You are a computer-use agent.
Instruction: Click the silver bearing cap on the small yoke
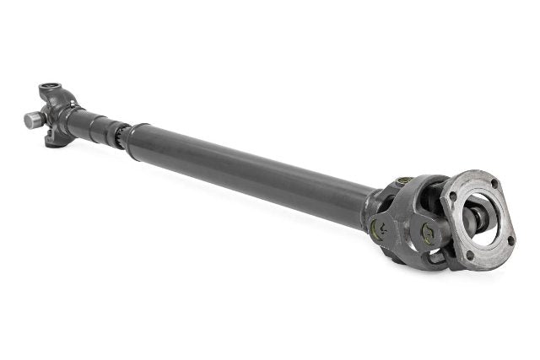33,120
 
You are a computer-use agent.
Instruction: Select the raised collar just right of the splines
134,135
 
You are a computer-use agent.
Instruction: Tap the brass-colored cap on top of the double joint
404,181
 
